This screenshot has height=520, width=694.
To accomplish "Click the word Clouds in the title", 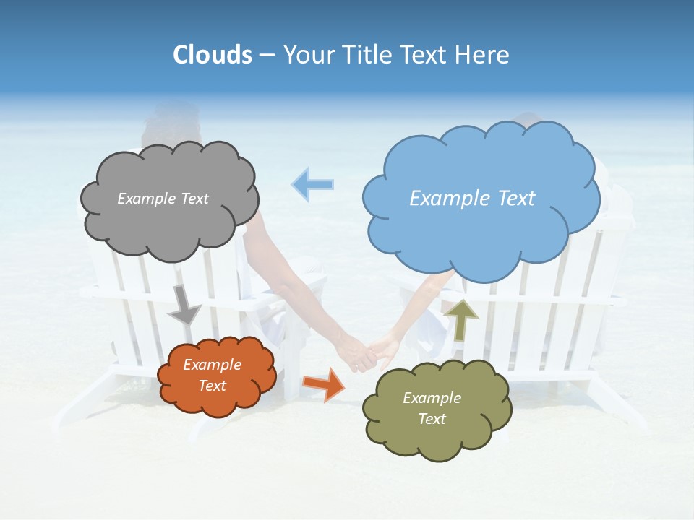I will [212, 55].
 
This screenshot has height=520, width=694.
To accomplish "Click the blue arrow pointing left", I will [312, 184].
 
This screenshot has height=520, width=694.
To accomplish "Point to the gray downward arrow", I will [184, 305].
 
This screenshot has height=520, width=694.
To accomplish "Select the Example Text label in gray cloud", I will [163, 199].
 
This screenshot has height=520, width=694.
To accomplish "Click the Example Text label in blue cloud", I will [472, 199].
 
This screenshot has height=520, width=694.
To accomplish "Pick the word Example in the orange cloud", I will [212, 365].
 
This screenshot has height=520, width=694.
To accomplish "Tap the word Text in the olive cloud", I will [432, 419].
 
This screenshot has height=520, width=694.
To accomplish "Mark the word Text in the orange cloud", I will [212, 386].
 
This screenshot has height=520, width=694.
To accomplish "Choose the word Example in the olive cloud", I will [432, 398].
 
